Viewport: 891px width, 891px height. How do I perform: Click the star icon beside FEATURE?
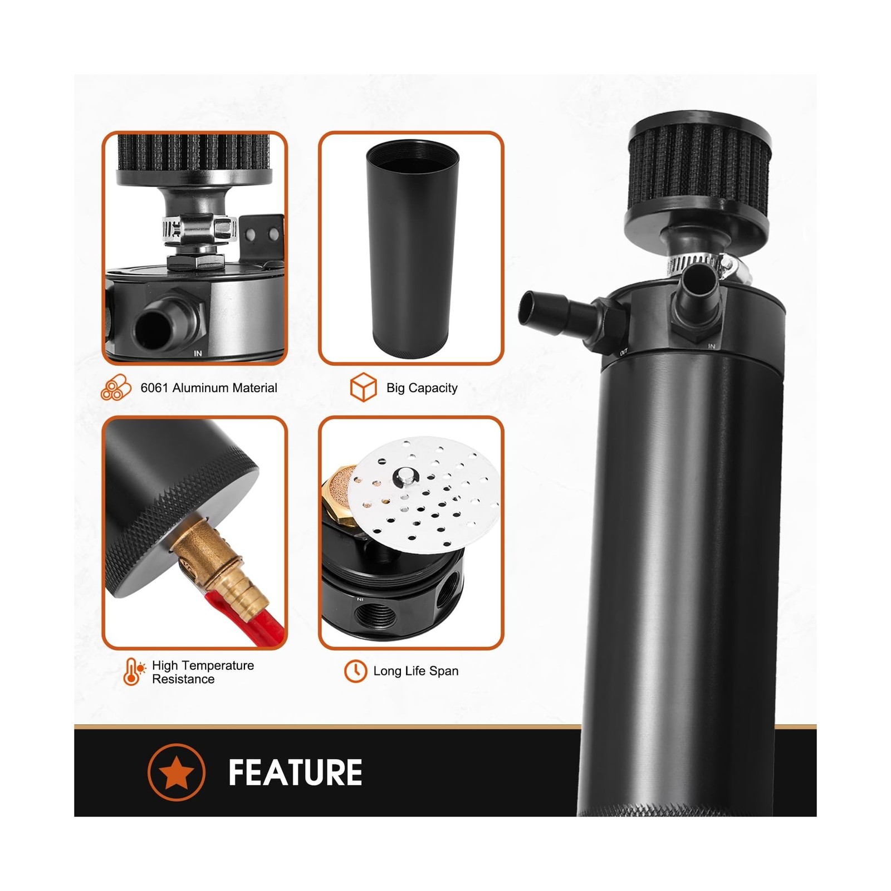click(x=177, y=772)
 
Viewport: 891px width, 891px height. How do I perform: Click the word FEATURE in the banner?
click(x=295, y=772)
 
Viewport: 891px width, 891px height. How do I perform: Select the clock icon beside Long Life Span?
click(x=355, y=671)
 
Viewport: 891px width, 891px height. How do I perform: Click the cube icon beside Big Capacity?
click(x=364, y=387)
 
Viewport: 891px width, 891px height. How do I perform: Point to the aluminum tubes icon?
click(x=116, y=388)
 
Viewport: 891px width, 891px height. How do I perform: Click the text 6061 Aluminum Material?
click(x=209, y=388)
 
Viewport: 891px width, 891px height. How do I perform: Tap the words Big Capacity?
click(x=422, y=388)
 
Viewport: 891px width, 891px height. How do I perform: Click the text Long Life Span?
click(x=416, y=671)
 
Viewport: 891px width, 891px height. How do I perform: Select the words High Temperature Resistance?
click(x=203, y=672)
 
